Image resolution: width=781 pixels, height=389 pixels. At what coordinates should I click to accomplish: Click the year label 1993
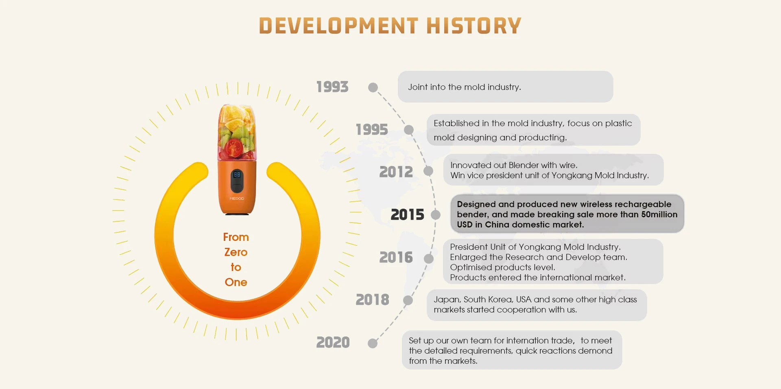click(x=332, y=87)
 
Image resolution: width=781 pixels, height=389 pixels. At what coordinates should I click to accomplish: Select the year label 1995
click(x=372, y=129)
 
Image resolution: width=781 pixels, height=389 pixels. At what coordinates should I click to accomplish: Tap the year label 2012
click(x=396, y=172)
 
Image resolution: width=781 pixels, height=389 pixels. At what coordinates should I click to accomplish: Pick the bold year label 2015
click(x=407, y=214)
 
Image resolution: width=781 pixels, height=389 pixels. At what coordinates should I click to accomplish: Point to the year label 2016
click(x=396, y=257)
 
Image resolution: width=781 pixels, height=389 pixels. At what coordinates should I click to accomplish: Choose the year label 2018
click(x=372, y=299)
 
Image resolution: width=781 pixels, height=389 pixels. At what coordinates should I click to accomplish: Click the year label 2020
click(x=333, y=342)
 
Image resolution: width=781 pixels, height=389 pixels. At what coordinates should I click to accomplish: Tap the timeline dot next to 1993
click(x=373, y=87)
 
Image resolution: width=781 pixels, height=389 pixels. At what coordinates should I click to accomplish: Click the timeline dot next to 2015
click(x=436, y=215)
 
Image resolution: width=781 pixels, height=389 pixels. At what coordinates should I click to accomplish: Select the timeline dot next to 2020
click(x=373, y=343)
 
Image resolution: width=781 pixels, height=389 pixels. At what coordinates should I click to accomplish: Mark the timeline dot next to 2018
click(x=408, y=300)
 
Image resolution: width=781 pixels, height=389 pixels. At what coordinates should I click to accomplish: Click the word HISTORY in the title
click(x=474, y=26)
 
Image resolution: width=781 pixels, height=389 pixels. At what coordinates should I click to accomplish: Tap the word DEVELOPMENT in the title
click(x=338, y=26)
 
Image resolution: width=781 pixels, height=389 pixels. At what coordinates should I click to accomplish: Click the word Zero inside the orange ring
click(x=236, y=252)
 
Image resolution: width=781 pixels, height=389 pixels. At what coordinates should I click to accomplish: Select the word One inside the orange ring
click(x=236, y=282)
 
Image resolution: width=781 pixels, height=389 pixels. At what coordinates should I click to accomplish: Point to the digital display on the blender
click(x=237, y=175)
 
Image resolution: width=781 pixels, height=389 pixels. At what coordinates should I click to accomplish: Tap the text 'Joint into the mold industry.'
click(x=465, y=87)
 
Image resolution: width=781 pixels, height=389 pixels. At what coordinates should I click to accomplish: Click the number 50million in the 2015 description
click(x=659, y=214)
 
